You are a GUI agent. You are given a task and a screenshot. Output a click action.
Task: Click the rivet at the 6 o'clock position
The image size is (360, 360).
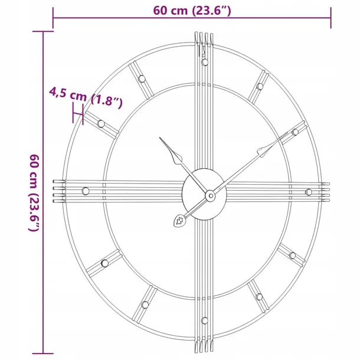point(204,320)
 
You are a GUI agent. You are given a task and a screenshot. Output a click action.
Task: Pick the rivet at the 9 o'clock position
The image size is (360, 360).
point(86,191)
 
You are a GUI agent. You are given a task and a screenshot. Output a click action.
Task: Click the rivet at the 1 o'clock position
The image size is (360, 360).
point(260,86)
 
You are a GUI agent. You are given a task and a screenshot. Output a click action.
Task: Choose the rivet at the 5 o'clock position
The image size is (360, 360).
point(260,295)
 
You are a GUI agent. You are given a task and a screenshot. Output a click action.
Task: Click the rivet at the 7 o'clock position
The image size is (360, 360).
point(144,304)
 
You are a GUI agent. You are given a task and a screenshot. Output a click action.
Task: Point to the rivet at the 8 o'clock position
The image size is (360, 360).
point(104,261)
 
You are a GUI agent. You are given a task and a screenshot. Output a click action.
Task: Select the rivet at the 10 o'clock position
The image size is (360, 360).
point(102,123)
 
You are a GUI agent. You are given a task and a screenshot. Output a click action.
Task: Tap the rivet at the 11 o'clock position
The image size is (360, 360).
point(142,78)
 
